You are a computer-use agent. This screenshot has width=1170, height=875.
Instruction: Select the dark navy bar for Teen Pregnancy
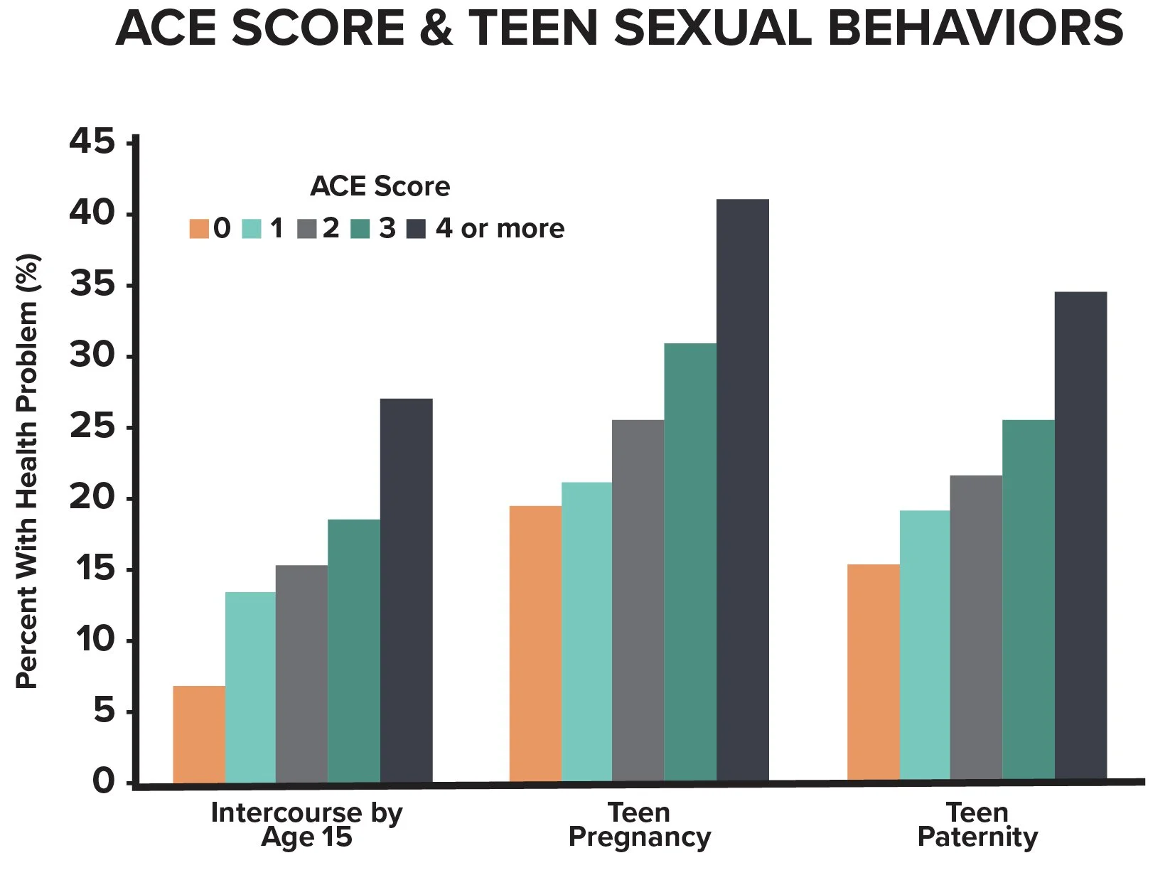coord(742,490)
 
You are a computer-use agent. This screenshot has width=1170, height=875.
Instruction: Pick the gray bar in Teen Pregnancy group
coord(638,601)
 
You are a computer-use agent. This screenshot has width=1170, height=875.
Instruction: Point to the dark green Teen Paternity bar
coord(1028,601)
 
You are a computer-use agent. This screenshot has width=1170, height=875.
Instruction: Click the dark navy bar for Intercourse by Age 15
coord(406,591)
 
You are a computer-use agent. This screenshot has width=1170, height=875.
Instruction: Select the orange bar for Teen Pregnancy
coord(535,644)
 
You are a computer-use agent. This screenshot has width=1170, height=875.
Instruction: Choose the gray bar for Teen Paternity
coord(975,629)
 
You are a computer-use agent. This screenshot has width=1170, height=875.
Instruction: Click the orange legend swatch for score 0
coord(199,229)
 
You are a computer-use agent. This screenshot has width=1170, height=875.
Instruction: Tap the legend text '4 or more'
coord(500,229)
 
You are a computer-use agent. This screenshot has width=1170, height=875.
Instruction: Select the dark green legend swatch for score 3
coord(360,229)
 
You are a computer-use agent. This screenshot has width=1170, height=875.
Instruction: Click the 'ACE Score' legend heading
coord(380,186)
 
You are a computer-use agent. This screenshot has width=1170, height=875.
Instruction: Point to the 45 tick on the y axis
coord(92,142)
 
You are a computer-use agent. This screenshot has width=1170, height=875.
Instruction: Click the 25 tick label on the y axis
coord(92,427)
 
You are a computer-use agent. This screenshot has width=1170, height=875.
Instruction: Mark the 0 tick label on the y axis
coord(103,781)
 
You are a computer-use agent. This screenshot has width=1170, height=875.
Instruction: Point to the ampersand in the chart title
coord(436,30)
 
